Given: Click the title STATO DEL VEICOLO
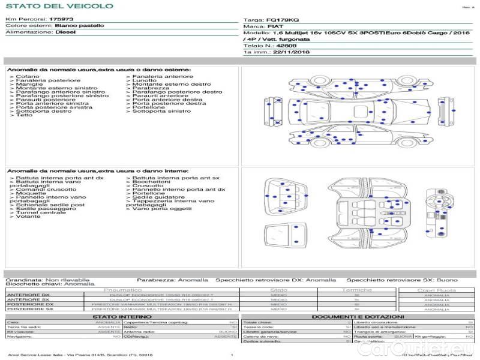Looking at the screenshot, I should (x=59, y=6).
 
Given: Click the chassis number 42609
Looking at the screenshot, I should (x=286, y=45).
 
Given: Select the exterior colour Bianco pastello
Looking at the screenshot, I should (x=79, y=26).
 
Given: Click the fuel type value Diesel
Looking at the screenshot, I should (x=66, y=32).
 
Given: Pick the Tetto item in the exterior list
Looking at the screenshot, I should (x=25, y=115).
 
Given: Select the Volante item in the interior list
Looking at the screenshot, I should (x=28, y=216).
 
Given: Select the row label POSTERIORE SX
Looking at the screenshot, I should (x=29, y=310).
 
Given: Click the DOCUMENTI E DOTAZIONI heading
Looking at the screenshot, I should (x=358, y=316).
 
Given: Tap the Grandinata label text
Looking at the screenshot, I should (x=24, y=280).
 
